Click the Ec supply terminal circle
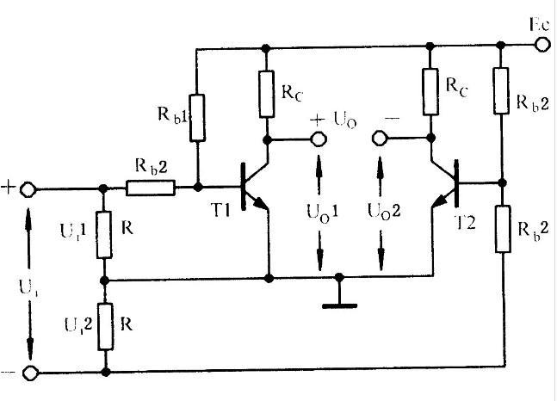[543, 46]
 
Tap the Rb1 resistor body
[197, 119]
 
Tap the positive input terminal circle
[28, 189]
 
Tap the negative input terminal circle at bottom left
[28, 373]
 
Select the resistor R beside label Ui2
[105, 327]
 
